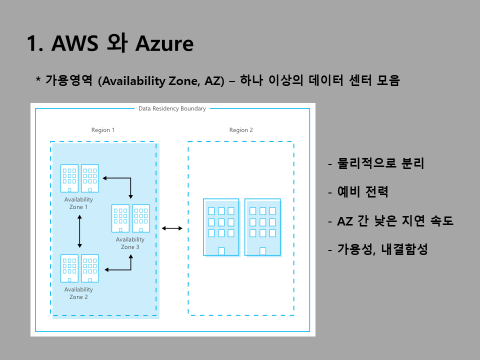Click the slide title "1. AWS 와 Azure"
110,44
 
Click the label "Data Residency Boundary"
172,108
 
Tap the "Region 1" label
103,130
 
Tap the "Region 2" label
241,130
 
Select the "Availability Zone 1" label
78,203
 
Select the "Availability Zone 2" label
78,293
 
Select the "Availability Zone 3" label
130,243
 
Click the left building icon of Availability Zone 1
69,178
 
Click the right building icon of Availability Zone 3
141,218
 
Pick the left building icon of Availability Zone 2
69,268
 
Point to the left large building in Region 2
221,227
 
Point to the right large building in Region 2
262,227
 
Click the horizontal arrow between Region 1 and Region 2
172,228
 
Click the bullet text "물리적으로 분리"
380,163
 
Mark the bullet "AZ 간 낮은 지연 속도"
395,220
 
